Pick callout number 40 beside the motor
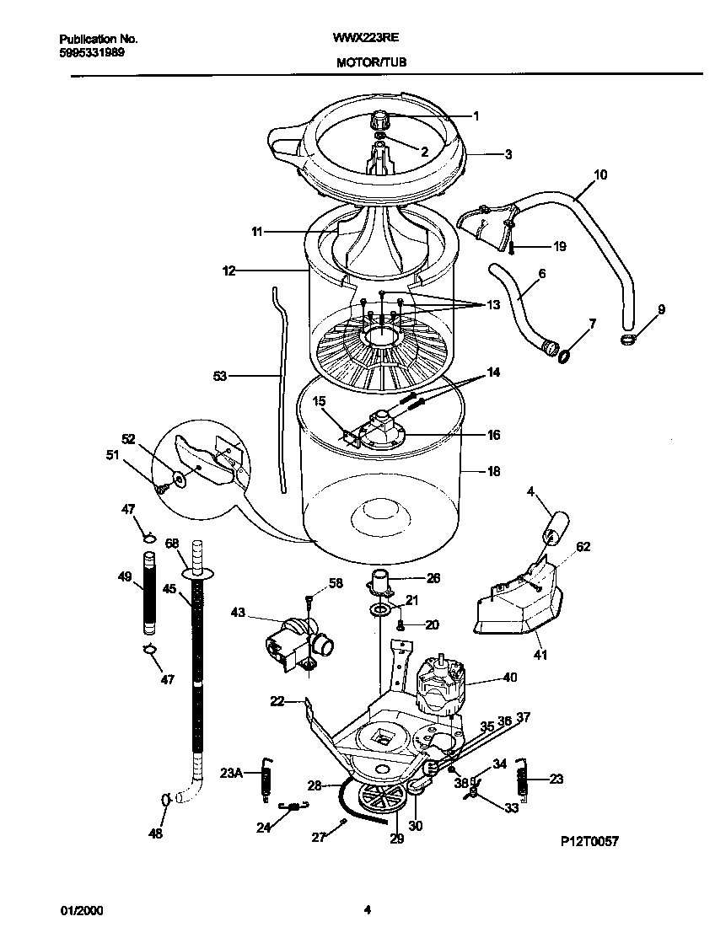click(x=509, y=677)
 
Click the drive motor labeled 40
click(x=440, y=683)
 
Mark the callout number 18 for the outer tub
click(x=493, y=473)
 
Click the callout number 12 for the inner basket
click(x=228, y=271)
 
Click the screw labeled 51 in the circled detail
click(x=158, y=487)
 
